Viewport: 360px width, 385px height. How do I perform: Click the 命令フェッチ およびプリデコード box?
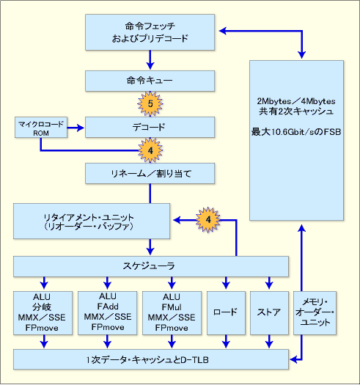coord(150,32)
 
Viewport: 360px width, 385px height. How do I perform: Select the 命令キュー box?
coord(150,81)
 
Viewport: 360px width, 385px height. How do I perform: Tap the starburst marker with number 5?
coord(150,103)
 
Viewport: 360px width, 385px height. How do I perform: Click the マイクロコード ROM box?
coord(41,127)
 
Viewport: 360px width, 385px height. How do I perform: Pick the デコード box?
coord(150,127)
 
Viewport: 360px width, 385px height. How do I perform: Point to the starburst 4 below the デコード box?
coord(150,150)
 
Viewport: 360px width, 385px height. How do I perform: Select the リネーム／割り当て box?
coord(150,173)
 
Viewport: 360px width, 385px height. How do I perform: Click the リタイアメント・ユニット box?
coord(92,221)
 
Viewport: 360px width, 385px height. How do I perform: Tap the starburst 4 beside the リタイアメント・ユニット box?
coord(208,220)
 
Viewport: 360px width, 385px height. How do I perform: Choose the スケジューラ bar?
coord(151,266)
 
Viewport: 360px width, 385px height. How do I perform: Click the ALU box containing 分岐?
coord(43,313)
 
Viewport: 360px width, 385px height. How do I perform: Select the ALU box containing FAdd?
coord(107,313)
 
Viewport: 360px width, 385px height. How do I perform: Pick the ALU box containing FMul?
coord(172,313)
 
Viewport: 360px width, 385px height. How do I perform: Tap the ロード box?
coord(226,313)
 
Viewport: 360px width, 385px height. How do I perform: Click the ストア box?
coord(269,313)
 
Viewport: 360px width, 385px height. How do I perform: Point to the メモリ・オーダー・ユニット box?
coord(315,313)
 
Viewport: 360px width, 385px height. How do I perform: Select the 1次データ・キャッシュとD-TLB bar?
coord(151,359)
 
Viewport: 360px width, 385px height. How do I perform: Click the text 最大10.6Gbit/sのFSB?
coord(296,132)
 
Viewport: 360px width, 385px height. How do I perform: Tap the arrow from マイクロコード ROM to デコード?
coord(76,128)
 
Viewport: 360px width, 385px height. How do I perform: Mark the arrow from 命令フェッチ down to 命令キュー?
coord(150,60)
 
